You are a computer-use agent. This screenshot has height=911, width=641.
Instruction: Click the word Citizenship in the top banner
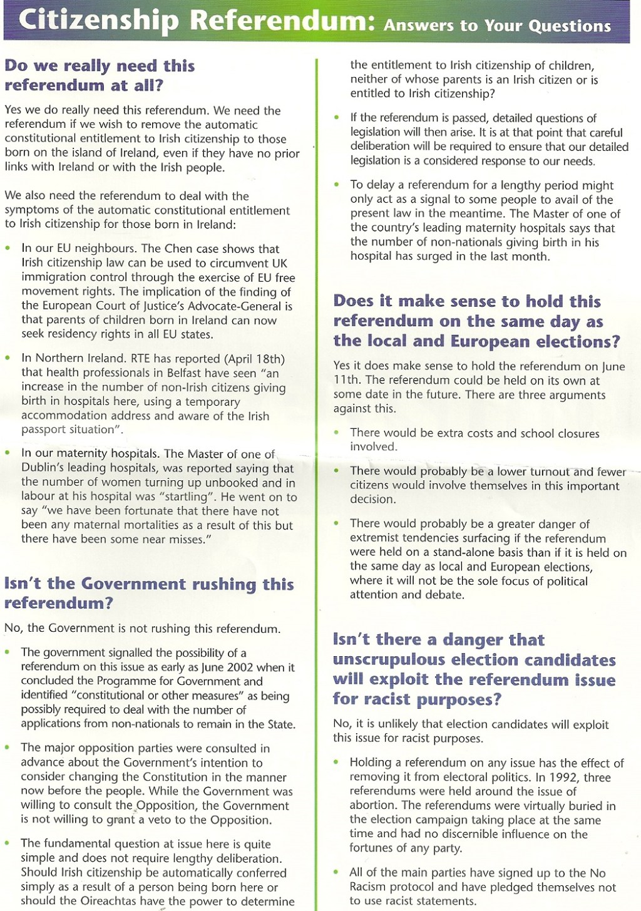coord(100,20)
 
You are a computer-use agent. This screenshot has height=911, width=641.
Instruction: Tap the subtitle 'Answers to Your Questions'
coord(497,26)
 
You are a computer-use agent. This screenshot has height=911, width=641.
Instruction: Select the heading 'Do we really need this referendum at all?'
coord(100,75)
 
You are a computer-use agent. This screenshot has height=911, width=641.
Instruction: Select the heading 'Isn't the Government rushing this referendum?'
coord(148,593)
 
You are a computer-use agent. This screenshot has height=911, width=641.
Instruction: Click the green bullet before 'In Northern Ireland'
coord(8,358)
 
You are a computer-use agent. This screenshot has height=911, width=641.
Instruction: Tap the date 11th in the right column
coord(344,380)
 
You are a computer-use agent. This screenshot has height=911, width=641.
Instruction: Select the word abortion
coord(374,806)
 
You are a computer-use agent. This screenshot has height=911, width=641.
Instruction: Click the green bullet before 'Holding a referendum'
coord(337,763)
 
